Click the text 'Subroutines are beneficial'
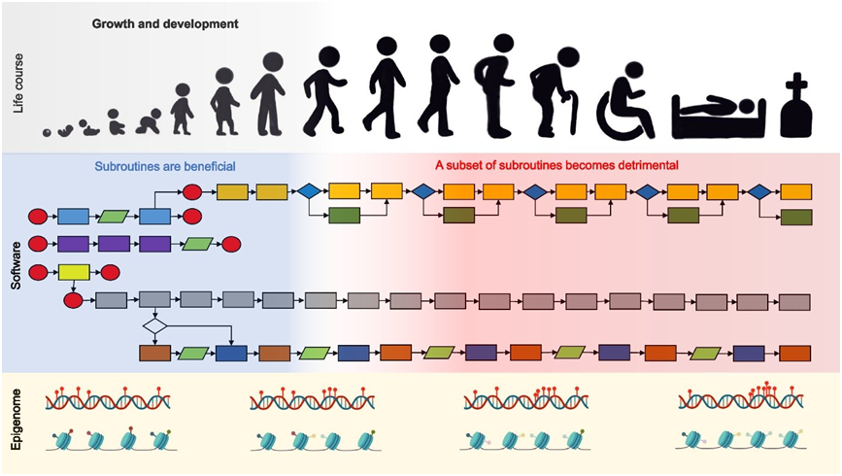pos(164,165)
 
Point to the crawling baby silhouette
pos(149,123)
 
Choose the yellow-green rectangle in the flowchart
pos(74,273)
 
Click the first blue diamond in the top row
pos(309,191)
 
